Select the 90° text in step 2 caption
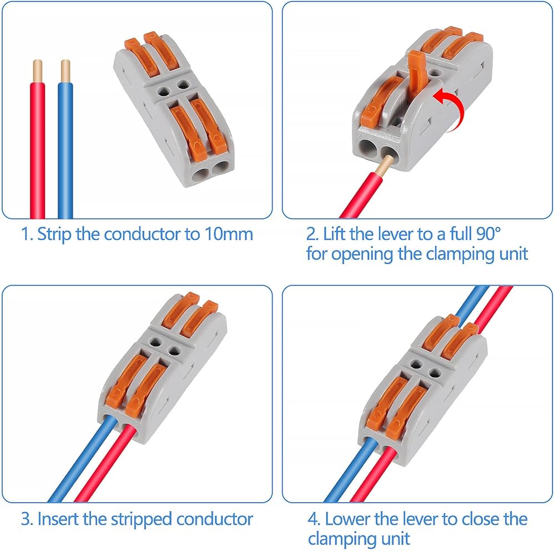tap(488, 233)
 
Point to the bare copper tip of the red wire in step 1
tap(38, 70)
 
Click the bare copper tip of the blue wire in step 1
tap(65, 70)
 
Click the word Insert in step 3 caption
tap(59, 519)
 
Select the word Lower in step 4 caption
tap(350, 519)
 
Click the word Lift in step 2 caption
tap(336, 233)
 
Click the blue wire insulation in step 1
tap(65, 150)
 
